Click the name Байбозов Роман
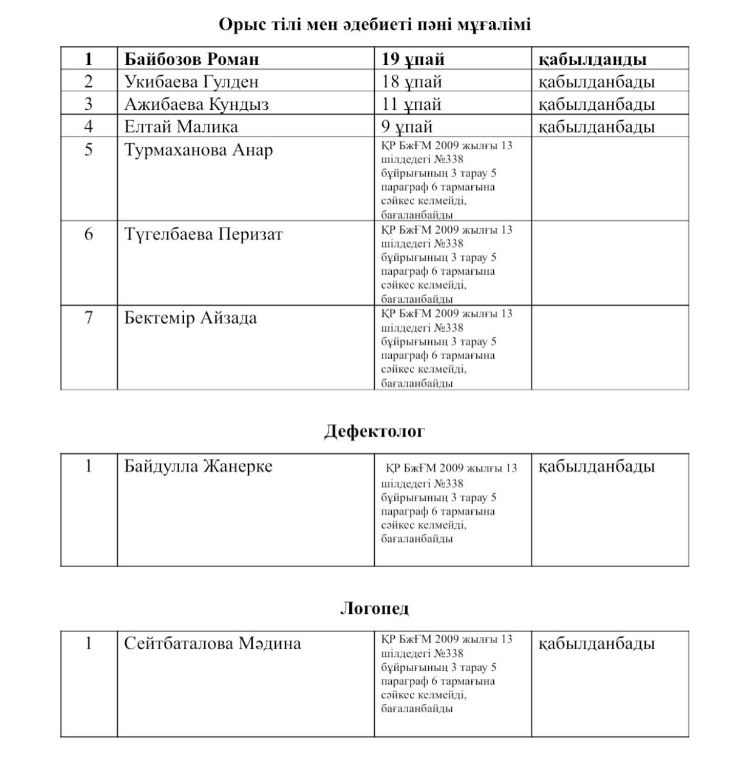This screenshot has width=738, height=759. pyautogui.click(x=191, y=59)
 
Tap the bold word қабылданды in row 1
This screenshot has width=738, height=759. pyautogui.click(x=592, y=59)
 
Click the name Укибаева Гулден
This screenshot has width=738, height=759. pyautogui.click(x=191, y=81)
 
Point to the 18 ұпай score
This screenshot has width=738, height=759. pyautogui.click(x=411, y=81)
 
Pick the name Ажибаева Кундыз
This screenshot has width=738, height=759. pyautogui.click(x=196, y=104)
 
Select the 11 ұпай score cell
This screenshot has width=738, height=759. pyautogui.click(x=411, y=104)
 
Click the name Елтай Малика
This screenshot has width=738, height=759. pyautogui.click(x=181, y=126)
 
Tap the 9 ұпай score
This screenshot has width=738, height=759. pyautogui.click(x=407, y=126)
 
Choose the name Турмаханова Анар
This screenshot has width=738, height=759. pyautogui.click(x=199, y=149)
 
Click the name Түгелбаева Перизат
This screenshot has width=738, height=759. pyautogui.click(x=203, y=234)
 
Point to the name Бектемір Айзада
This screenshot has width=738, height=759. pyautogui.click(x=190, y=317)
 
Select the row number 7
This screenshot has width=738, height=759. pyautogui.click(x=89, y=317)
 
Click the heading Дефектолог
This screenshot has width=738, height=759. pyautogui.click(x=374, y=431)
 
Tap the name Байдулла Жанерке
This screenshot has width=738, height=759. pyautogui.click(x=198, y=466)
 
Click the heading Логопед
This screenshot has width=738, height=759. pyautogui.click(x=374, y=608)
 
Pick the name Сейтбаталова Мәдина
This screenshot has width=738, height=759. pyautogui.click(x=212, y=643)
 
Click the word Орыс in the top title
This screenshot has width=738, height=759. pyautogui.click(x=241, y=24)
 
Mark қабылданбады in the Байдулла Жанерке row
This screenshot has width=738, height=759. pyautogui.click(x=596, y=466)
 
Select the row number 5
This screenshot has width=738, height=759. pyautogui.click(x=89, y=149)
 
